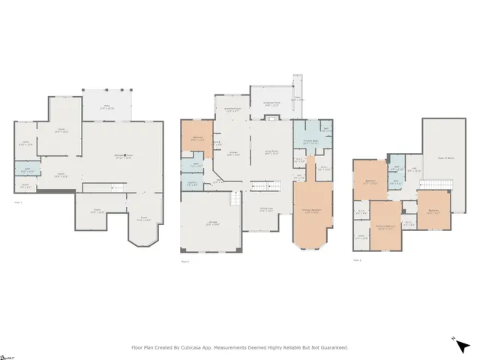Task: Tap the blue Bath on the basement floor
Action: pos(25,169)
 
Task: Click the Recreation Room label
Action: pos(124,157)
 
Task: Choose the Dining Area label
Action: pos(266,211)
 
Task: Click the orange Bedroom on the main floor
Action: pos(198,137)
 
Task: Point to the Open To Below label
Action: pos(445,157)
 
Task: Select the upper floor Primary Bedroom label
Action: pos(386,226)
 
